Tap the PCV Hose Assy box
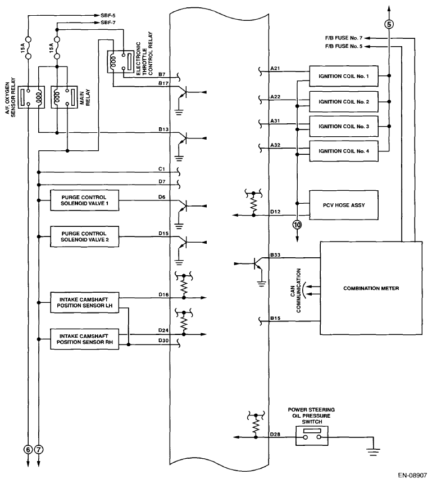tap(343, 205)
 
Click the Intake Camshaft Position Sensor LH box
tap(85, 302)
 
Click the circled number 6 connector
tap(28, 449)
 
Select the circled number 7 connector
tap(39, 449)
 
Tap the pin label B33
tap(275, 255)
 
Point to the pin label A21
tap(275, 68)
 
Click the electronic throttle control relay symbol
tap(120, 61)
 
